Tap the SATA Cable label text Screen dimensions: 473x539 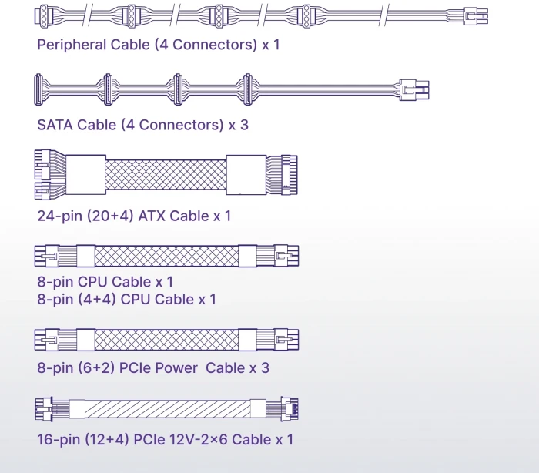[x=142, y=124]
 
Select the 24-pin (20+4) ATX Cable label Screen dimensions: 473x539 [x=134, y=216]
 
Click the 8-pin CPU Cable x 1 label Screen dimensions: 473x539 [x=105, y=282]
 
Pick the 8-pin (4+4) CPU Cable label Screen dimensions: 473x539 [x=126, y=299]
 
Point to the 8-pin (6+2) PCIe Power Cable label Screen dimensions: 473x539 [x=152, y=367]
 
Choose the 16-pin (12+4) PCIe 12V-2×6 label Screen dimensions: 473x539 [x=165, y=440]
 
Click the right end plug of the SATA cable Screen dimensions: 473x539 [x=413, y=89]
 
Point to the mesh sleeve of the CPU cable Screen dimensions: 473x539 [x=166, y=256]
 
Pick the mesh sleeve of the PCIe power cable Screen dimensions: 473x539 [x=166, y=339]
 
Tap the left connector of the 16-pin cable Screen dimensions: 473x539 [x=45, y=408]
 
